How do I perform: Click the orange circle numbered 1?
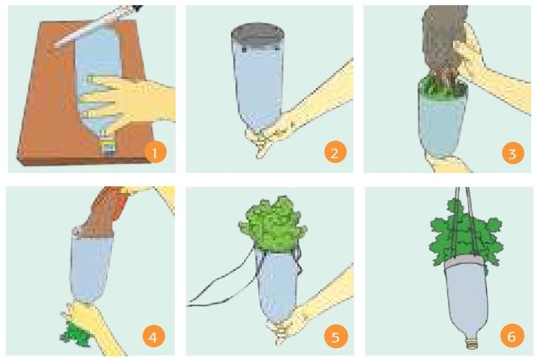[x=156, y=153]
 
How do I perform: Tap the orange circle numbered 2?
[x=335, y=153]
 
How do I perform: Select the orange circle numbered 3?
[x=513, y=153]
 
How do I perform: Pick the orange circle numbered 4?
[x=153, y=336]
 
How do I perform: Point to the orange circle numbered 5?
[x=335, y=336]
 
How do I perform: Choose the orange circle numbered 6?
[x=512, y=336]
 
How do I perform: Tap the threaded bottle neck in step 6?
[x=472, y=343]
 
